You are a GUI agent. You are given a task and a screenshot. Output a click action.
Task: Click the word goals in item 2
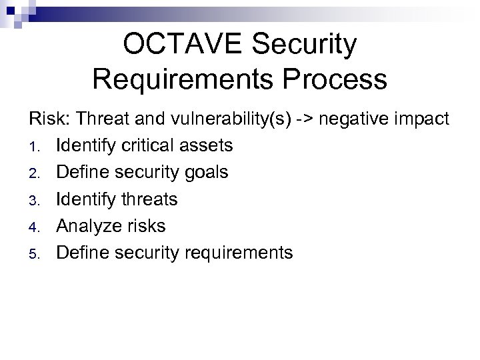(206, 173)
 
